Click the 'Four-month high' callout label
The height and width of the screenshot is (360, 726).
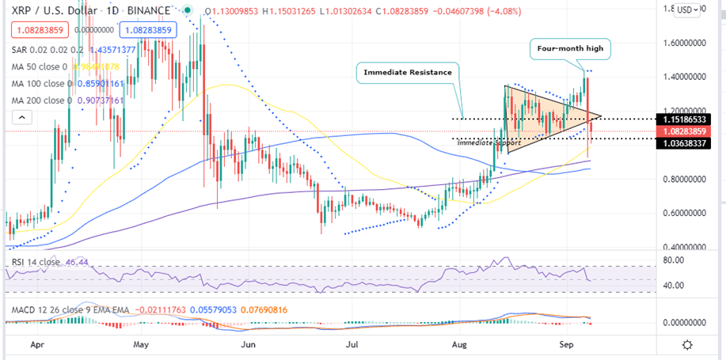tap(569, 48)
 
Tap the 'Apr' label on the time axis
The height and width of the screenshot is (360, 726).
tap(36, 345)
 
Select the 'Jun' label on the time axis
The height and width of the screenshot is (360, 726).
tap(249, 345)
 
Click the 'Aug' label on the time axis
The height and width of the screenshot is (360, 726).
tap(459, 345)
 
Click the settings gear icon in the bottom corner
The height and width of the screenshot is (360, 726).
tap(687, 345)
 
